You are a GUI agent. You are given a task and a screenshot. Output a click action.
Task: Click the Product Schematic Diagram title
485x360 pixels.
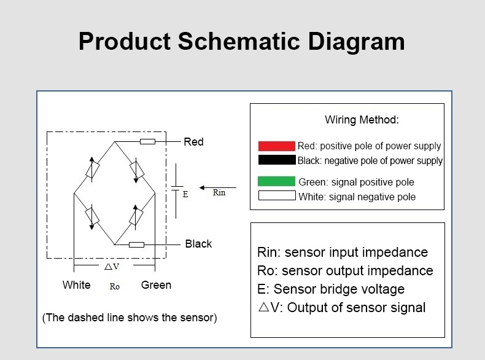[242, 42]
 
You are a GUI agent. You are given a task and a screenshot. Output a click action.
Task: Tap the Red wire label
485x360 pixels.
[193, 142]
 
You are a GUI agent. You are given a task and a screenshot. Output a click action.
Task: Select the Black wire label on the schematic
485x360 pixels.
[198, 244]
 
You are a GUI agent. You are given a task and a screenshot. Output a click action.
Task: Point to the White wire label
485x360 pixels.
[76, 285]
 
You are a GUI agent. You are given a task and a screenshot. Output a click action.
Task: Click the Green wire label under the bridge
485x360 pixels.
[156, 285]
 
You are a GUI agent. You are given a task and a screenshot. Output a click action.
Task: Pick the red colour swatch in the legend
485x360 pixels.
[276, 146]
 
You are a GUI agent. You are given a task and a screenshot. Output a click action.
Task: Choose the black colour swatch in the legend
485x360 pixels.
[276, 160]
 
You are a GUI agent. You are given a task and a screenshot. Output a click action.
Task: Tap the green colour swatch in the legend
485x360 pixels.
[276, 182]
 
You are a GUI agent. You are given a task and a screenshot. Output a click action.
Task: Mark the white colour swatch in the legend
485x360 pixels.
[276, 197]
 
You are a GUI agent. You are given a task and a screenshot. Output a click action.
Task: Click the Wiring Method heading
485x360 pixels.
[362, 120]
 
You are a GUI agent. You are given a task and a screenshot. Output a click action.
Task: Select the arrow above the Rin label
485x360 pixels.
[218, 187]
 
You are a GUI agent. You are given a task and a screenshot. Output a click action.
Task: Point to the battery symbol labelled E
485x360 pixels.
[176, 190]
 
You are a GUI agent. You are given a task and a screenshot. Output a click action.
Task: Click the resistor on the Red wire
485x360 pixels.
[147, 142]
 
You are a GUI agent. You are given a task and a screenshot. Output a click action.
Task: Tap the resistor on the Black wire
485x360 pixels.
[136, 245]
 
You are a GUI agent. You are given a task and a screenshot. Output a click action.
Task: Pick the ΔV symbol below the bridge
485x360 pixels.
[112, 267]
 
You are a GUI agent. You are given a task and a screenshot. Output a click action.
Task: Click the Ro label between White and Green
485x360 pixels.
[115, 286]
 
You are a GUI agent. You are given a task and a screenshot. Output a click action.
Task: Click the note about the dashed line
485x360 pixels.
[130, 318]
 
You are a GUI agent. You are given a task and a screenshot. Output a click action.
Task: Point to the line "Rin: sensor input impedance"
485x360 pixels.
[343, 252]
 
